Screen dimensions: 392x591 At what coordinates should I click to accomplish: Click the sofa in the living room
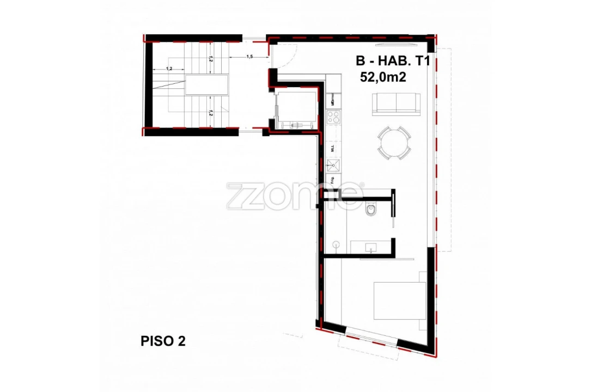pyautogui.click(x=397, y=104)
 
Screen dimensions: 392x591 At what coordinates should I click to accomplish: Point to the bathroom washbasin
pyautogui.click(x=372, y=248)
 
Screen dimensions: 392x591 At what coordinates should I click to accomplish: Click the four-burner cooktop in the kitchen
pyautogui.click(x=333, y=117)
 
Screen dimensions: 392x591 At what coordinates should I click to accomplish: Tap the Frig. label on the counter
pyautogui.click(x=332, y=181)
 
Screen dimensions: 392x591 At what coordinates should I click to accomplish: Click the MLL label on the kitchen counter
pyautogui.click(x=332, y=147)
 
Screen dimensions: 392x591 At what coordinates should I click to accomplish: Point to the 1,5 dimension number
pyautogui.click(x=249, y=57)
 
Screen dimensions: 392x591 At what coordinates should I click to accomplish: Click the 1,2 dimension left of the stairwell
pyautogui.click(x=169, y=69)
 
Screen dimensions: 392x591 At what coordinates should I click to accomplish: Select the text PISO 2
pyautogui.click(x=163, y=341)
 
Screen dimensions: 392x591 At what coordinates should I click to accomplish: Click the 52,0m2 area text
pyautogui.click(x=383, y=77)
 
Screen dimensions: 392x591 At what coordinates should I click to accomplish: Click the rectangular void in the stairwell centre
pyautogui.click(x=207, y=86)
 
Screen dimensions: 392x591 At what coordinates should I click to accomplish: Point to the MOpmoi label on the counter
pyautogui.click(x=332, y=100)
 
